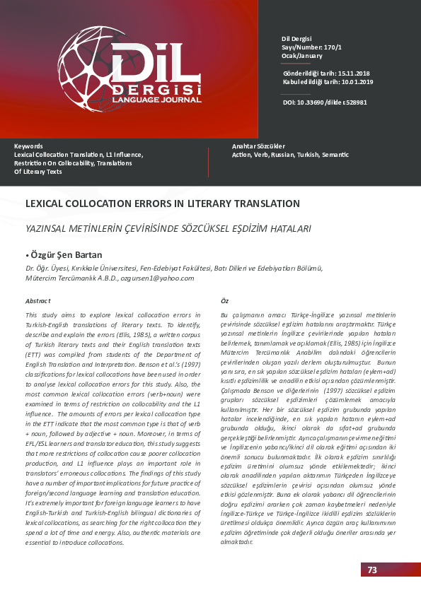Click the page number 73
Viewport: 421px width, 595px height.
[x=372, y=570]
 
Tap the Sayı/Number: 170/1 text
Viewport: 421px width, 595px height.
[x=311, y=47]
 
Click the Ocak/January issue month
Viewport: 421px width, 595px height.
[x=301, y=55]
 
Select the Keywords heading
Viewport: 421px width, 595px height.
[x=28, y=146]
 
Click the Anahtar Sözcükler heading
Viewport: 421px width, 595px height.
[x=258, y=146]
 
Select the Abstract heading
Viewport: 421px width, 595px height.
[x=38, y=300]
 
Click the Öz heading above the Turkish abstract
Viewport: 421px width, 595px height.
[x=225, y=300]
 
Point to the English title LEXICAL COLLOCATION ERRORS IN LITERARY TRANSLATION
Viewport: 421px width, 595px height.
[x=162, y=204]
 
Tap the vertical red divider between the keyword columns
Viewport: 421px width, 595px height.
[x=209, y=163]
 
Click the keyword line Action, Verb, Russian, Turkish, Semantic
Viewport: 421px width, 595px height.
[x=280, y=155]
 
